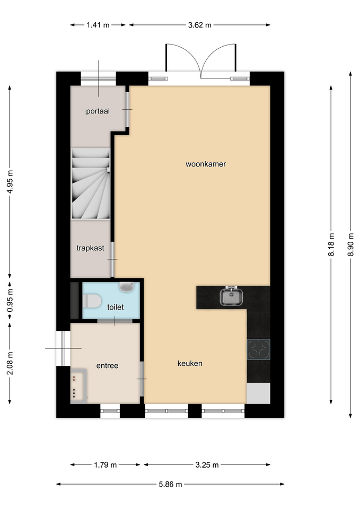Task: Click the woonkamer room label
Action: coord(206,164)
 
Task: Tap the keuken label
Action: coord(190,363)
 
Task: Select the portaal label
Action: coord(98,111)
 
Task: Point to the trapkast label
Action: coord(90,248)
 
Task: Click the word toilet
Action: coord(115,307)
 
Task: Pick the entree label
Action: coord(107,366)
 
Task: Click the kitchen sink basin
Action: coord(231,296)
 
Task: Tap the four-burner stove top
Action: coord(258,349)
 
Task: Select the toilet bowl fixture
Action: coord(92,301)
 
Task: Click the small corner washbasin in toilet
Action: coord(127,286)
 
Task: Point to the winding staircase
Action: coord(91,183)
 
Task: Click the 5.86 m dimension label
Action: coord(170,484)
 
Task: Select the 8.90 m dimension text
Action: coord(350,244)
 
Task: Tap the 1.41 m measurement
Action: coord(98,25)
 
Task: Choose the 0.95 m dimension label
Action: coord(10,300)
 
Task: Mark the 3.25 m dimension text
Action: coord(207,465)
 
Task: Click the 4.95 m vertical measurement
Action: coord(10,181)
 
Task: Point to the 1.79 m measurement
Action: coord(106,465)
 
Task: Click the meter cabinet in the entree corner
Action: coord(79,385)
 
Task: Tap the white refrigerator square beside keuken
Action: coord(258,393)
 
